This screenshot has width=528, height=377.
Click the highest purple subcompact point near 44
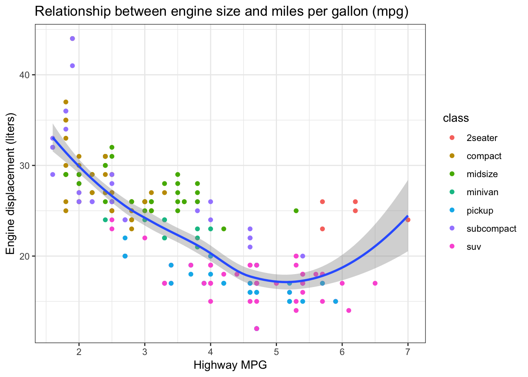(72, 38)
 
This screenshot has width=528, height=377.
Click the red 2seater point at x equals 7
(408, 220)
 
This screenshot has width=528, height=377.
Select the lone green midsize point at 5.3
(296, 211)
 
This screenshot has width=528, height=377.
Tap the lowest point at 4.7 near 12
(257, 329)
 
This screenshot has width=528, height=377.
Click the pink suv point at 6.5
(375, 283)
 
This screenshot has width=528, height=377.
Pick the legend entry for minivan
(482, 192)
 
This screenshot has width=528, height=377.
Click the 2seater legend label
(482, 138)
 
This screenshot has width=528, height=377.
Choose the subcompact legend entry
(491, 229)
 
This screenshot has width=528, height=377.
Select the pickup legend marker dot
(452, 211)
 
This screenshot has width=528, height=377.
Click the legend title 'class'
(456, 118)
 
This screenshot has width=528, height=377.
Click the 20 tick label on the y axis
(25, 256)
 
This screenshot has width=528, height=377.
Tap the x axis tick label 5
(276, 351)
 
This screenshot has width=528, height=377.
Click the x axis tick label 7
(408, 351)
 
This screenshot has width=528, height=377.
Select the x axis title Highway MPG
(230, 366)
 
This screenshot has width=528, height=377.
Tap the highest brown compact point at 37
(66, 102)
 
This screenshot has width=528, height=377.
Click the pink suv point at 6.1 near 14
(348, 311)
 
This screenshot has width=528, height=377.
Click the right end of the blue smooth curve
(407, 216)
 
